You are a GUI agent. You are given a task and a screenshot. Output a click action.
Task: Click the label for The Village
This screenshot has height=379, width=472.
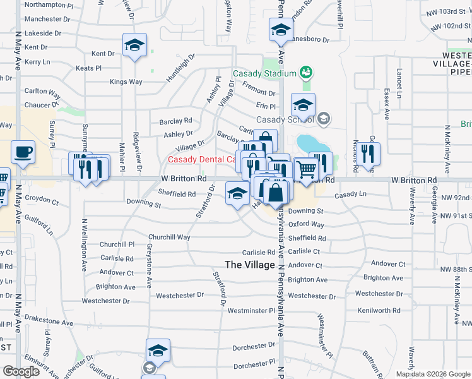[x=251, y=265]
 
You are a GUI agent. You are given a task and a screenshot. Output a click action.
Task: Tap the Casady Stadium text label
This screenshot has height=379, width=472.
[x=264, y=73]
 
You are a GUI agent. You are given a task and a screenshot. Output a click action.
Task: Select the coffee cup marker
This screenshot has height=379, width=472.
[x=23, y=152]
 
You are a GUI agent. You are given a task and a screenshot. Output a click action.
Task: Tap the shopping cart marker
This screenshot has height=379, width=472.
[x=306, y=169]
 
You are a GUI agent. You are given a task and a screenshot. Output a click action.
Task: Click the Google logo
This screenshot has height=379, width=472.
[x=21, y=371]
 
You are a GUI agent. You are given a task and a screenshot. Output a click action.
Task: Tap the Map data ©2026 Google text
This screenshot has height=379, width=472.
[x=432, y=374]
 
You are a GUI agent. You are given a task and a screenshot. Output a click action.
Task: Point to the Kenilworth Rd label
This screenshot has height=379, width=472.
[x=379, y=310]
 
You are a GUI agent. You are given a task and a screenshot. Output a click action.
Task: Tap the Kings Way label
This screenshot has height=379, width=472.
[x=126, y=82]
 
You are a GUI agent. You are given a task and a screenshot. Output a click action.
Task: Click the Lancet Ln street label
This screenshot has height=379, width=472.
[x=399, y=84]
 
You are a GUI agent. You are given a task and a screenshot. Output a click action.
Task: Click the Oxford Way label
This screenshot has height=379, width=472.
[x=306, y=225]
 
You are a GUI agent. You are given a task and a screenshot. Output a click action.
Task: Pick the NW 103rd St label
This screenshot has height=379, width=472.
[x=447, y=12]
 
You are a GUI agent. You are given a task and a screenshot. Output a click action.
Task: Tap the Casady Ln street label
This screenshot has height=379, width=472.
[x=350, y=195]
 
